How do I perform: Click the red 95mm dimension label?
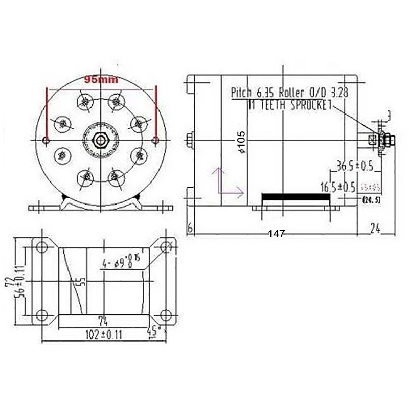tap(101, 80)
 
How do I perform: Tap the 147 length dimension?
tap(276, 234)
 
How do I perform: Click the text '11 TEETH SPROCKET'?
tap(289, 105)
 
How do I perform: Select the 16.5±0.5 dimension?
tap(337, 187)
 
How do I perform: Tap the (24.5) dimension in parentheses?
tap(371, 199)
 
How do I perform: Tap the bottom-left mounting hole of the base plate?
tap(41, 314)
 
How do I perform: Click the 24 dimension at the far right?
tap(376, 229)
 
